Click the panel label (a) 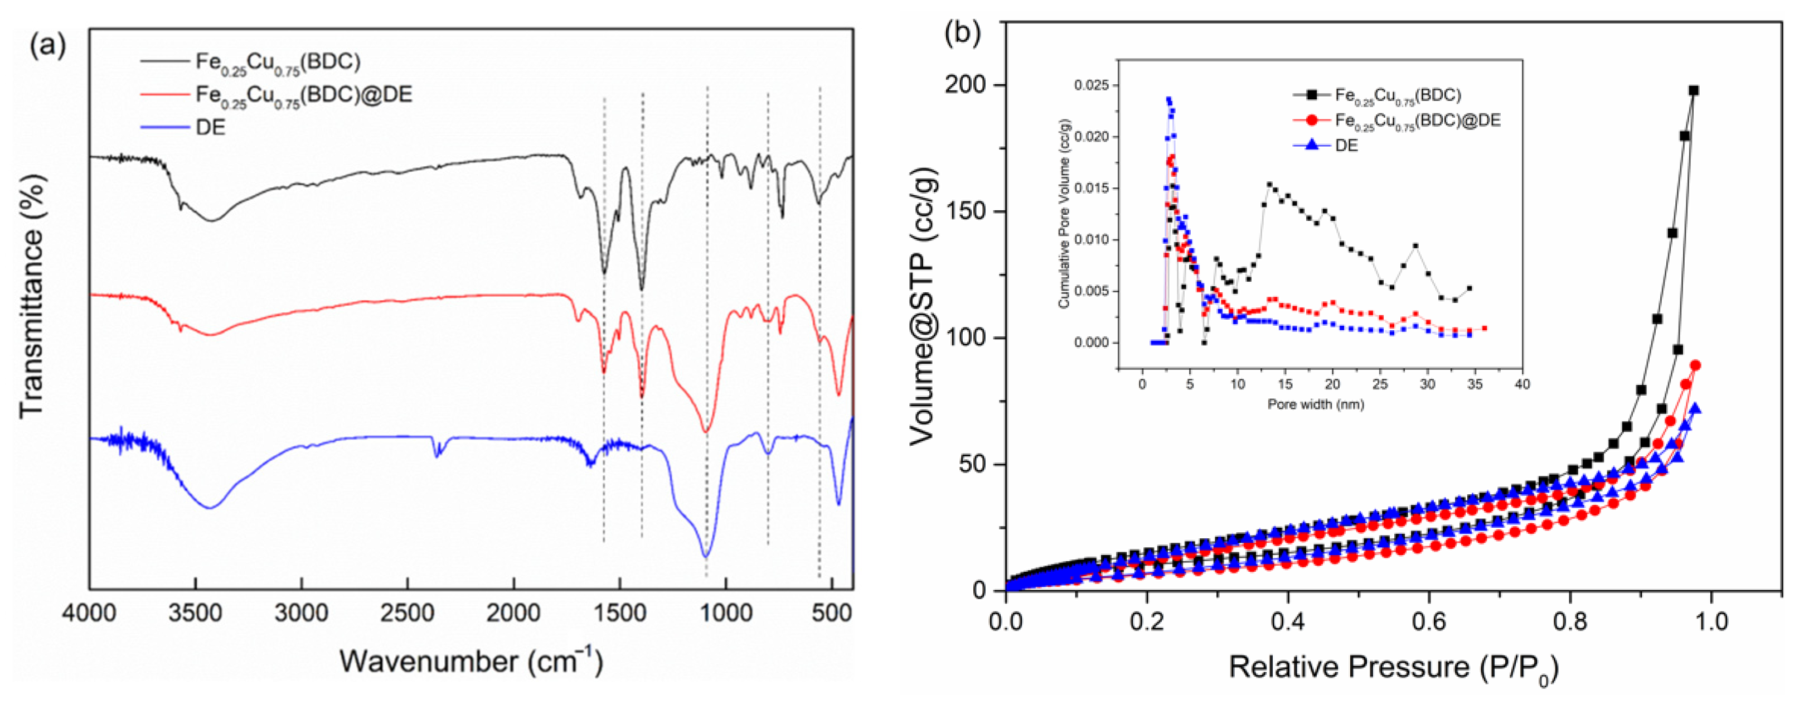47,46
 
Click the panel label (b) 962,33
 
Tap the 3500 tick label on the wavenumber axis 195,614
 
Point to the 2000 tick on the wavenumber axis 513,614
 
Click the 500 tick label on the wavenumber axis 831,614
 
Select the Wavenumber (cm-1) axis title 471,660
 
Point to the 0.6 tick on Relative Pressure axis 1429,621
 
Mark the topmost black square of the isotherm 1694,90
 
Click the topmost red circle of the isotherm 1695,365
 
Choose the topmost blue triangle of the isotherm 1695,408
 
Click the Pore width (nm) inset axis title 1315,404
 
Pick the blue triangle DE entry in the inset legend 1345,146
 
